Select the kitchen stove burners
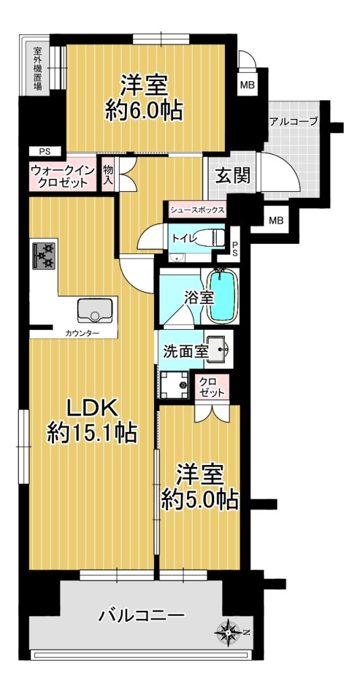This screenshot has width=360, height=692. [44, 256]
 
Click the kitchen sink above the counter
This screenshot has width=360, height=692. [95, 311]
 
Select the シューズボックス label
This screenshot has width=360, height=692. [197, 210]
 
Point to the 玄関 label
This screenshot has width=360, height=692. [232, 176]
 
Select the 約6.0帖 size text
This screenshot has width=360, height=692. [144, 112]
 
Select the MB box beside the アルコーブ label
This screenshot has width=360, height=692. [247, 85]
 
